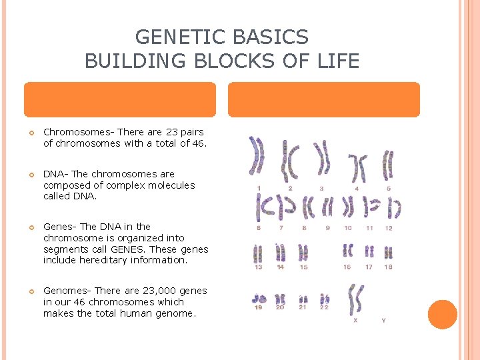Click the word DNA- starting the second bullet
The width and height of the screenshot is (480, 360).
point(56,174)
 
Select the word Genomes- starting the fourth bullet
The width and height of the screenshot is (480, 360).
point(67,291)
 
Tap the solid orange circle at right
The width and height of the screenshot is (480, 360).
point(442,314)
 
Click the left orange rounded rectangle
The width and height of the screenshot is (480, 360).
point(120,100)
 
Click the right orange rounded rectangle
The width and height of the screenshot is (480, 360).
point(324,100)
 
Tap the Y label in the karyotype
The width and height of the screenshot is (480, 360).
point(383,321)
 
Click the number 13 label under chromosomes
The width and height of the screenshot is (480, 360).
point(258,267)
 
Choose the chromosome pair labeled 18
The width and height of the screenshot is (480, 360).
point(388,253)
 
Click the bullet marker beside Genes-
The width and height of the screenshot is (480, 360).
point(31,227)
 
